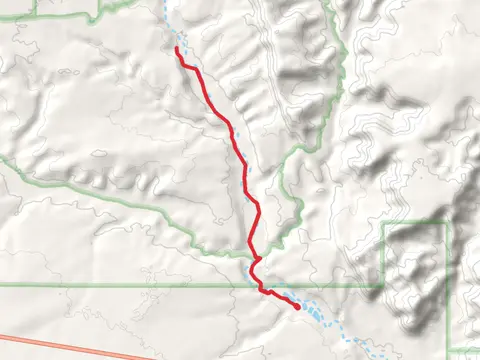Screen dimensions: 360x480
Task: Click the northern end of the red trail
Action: coord(177,48)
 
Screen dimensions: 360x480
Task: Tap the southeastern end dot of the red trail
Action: coord(298,308)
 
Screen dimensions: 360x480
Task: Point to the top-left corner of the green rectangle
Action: coord(384,223)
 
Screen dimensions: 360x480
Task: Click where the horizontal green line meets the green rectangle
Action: coord(384,285)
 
